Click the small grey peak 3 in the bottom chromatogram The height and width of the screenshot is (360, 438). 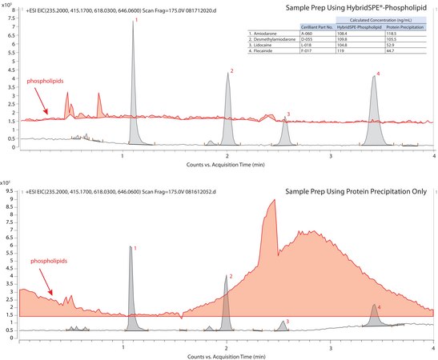point(283,325)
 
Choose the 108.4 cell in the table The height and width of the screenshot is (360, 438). point(346,33)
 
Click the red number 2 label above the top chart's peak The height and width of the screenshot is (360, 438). point(231,72)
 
